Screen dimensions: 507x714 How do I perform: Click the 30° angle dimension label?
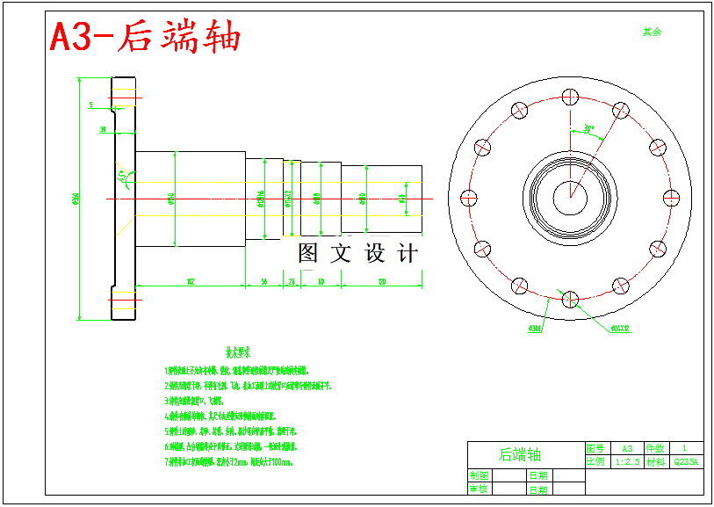(588, 128)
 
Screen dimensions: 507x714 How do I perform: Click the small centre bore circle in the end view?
(569, 196)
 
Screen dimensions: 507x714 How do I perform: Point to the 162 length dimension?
(190, 281)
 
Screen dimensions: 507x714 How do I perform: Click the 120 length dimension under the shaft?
(381, 281)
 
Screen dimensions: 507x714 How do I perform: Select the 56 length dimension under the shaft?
(263, 281)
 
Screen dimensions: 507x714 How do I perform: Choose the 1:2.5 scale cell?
(626, 460)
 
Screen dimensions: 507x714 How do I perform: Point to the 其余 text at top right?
(651, 32)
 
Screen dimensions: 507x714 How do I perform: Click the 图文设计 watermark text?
(357, 254)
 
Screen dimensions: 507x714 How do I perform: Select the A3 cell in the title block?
(626, 447)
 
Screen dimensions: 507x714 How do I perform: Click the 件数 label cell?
(656, 447)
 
